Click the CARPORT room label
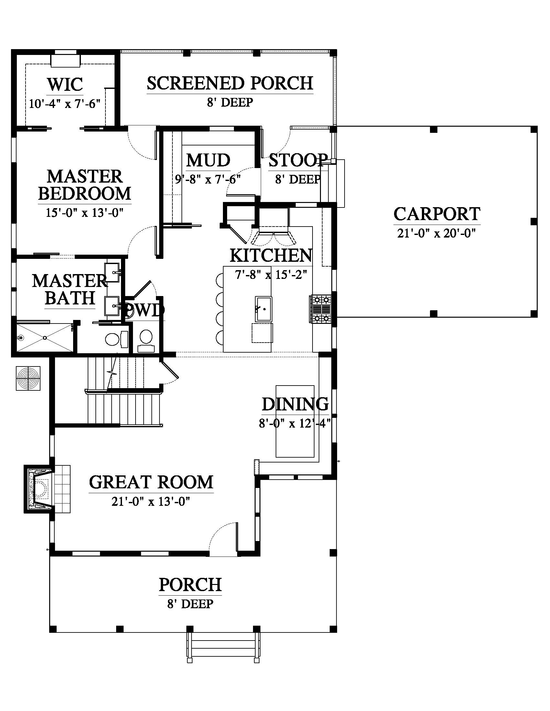point(437,214)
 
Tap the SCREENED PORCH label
point(230,83)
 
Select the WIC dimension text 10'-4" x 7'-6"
point(64,104)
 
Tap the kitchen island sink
point(264,309)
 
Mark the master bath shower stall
point(45,337)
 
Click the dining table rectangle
point(295,421)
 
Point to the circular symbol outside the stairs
point(28,378)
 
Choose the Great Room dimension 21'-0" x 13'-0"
point(151,502)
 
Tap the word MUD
point(208,160)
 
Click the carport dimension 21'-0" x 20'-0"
point(437,233)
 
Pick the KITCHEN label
point(271,256)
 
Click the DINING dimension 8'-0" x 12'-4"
point(295,424)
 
